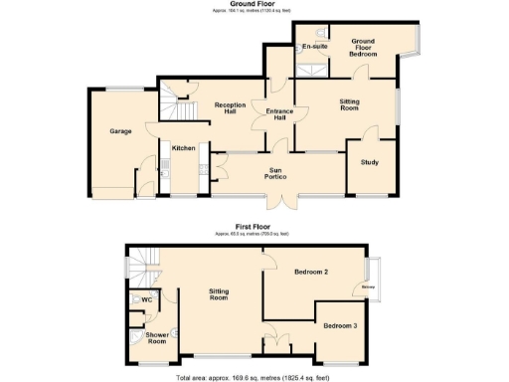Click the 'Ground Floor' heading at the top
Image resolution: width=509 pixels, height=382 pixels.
coord(254,4)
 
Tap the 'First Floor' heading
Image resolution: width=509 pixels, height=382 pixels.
coord(254,227)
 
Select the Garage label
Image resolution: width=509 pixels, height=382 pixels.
coord(121,131)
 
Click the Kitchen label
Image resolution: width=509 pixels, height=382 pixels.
coord(183,148)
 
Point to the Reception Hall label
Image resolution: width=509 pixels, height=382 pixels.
coord(231,108)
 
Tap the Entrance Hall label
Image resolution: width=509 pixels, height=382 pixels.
coord(274,113)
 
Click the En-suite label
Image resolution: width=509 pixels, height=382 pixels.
coord(315,47)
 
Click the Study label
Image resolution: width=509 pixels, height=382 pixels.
coord(370,162)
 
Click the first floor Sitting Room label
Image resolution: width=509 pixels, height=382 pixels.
coord(219,293)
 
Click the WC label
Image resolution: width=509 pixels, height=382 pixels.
coord(146,299)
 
